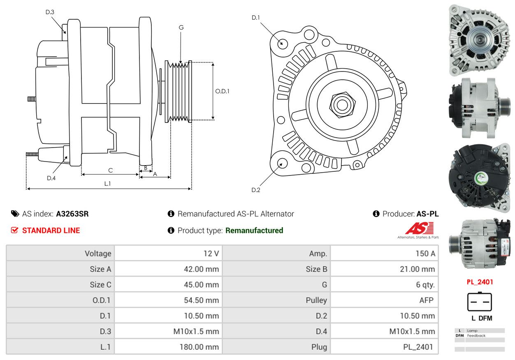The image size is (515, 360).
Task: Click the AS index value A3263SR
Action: pyautogui.click(x=72, y=214)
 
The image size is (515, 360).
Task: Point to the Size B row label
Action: pyautogui.click(x=316, y=269)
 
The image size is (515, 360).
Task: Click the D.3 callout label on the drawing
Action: pyautogui.click(x=50, y=12)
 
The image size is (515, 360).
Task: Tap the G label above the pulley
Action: pyautogui.click(x=181, y=28)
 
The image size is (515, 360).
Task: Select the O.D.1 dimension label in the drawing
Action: pyautogui.click(x=222, y=91)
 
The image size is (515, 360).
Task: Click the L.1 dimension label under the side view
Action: pyautogui.click(x=108, y=184)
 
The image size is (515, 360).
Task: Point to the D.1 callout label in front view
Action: pyautogui.click(x=256, y=18)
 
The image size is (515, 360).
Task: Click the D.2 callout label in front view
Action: pyautogui.click(x=256, y=190)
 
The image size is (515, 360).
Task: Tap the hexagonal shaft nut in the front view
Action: pyautogui.click(x=342, y=105)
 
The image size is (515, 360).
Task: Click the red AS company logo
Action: pyautogui.click(x=420, y=228)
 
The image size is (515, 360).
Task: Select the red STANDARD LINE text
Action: pyautogui.click(x=51, y=231)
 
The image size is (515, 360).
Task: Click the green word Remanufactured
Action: pyautogui.click(x=254, y=231)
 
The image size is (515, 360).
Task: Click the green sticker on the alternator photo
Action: pyautogui.click(x=481, y=178)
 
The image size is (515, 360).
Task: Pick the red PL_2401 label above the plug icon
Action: pyautogui.click(x=480, y=282)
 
